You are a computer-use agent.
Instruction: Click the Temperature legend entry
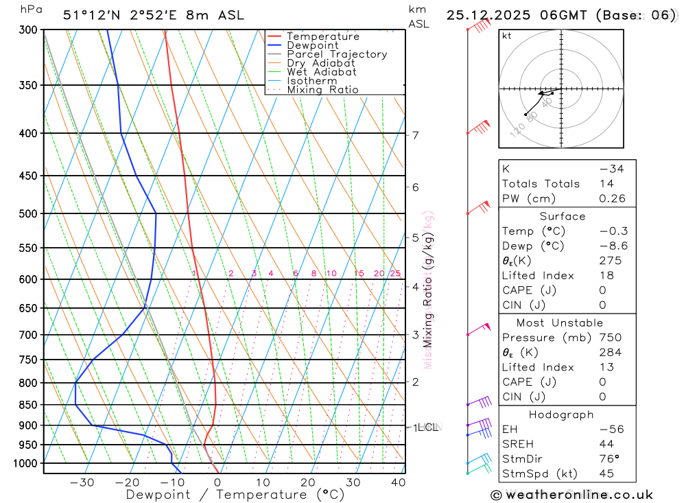click(322, 36)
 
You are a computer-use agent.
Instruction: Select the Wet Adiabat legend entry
click(321, 72)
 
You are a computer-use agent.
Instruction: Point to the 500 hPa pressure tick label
click(28, 213)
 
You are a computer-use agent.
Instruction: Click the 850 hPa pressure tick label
click(28, 405)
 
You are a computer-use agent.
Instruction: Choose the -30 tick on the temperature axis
click(82, 482)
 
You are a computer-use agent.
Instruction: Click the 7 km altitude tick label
click(416, 134)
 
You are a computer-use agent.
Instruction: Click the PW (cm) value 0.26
click(612, 199)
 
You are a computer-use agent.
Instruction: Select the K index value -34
click(611, 169)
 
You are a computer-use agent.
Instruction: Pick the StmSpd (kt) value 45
click(607, 474)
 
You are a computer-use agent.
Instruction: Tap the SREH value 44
click(607, 444)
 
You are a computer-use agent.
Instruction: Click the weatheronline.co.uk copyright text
click(571, 495)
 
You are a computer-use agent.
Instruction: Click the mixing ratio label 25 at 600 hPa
click(395, 274)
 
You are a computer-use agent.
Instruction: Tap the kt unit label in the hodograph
click(507, 36)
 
